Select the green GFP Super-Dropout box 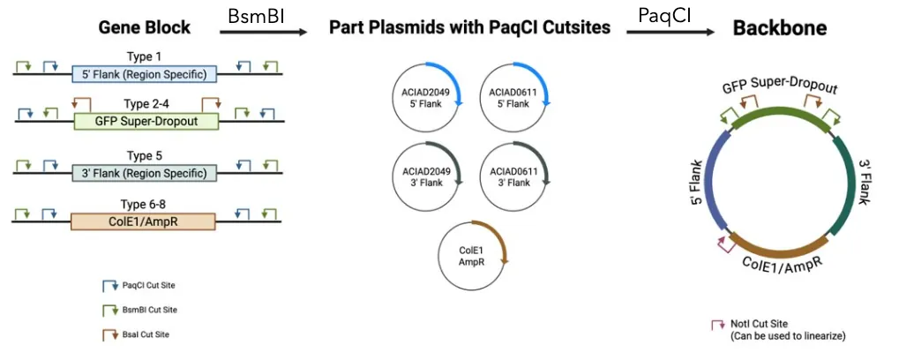[146, 121]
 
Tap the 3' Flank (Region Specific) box [144, 172]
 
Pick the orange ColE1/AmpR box [143, 221]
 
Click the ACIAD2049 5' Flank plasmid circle [428, 98]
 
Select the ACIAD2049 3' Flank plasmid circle [428, 176]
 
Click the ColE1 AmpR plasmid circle [473, 255]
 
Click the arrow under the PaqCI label [670, 33]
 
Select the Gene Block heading [146, 27]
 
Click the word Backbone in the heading [780, 27]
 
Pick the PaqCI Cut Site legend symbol [110, 285]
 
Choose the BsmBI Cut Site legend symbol [110, 309]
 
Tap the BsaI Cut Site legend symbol [110, 334]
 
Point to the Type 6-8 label [146, 204]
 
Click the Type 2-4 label [146, 104]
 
